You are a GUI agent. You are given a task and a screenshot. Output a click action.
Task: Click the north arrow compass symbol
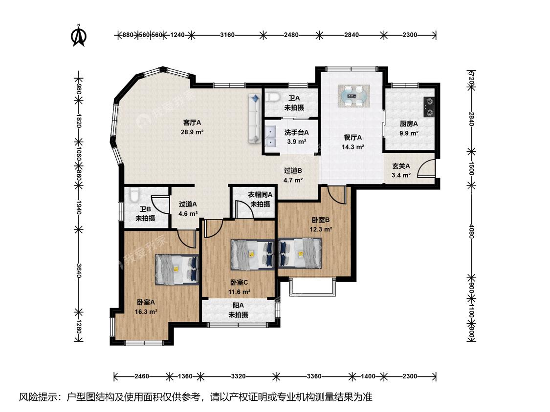pos(79,35)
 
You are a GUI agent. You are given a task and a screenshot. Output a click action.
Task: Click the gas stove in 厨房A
pos(429,107)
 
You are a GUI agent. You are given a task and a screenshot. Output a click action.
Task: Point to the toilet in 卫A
pos(271,97)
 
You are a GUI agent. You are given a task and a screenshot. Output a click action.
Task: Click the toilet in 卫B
pos(133,195)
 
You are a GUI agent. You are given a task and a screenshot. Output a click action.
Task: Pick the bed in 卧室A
pos(177,268)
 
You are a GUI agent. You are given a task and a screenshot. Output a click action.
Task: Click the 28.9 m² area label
pos(192,132)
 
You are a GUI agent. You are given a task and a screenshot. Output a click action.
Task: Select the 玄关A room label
pos(401,166)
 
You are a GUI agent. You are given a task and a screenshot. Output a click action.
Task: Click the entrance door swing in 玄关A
pos(426,168)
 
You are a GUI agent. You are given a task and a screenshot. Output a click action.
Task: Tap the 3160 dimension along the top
pos(227,35)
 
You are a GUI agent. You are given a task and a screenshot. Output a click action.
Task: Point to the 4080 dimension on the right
pos(471,231)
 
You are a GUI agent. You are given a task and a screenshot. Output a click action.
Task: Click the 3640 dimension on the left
pos(79,271)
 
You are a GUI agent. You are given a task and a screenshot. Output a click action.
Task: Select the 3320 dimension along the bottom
pos(238,376)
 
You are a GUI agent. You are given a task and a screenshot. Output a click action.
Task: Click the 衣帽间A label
pos(260,194)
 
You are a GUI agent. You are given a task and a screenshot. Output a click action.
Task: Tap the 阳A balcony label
pos(238,306)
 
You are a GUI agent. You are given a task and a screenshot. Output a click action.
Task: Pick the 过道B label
pos(293,171)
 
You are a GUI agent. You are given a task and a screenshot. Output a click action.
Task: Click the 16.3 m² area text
pos(146,311)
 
